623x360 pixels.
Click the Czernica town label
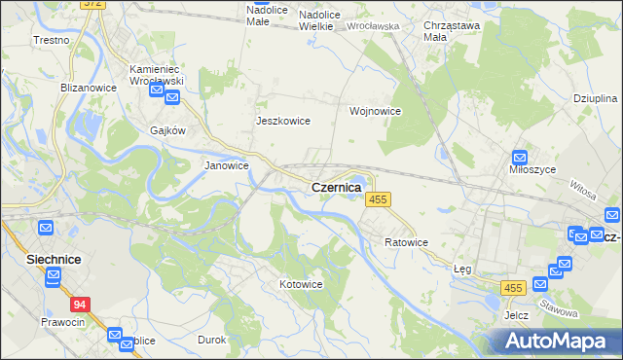pos(336,187)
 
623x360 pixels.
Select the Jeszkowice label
pos(282,121)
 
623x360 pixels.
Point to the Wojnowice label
pos(376,111)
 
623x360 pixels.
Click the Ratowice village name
pos(406,241)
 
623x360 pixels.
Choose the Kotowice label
pos(301,284)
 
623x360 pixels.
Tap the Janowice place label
pos(226,165)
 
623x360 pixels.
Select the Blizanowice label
pos(89,87)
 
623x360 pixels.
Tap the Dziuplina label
pos(596,99)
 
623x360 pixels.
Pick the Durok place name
pos(212,340)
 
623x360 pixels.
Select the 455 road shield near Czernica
pos(379,199)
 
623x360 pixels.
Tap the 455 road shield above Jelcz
pos(514,288)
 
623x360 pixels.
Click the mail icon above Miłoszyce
pos(520,155)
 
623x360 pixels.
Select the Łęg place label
pos(462,270)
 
